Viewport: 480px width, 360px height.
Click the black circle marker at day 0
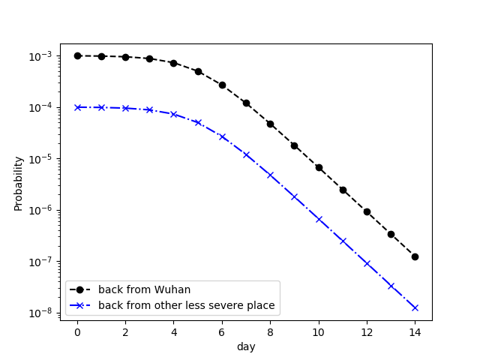click(77, 55)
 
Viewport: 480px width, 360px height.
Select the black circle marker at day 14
click(415, 256)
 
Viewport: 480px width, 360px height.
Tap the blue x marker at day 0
click(77, 107)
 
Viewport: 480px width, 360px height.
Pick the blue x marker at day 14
click(415, 307)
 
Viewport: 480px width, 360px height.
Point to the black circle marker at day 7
click(246, 103)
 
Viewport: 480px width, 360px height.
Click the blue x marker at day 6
click(222, 136)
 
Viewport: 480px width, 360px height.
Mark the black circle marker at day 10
click(319, 167)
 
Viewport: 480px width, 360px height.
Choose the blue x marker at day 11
click(343, 241)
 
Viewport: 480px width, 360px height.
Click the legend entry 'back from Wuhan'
click(144, 289)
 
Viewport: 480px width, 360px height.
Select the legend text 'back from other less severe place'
click(186, 306)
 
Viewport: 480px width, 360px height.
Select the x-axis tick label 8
click(270, 332)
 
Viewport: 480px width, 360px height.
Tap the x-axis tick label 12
click(367, 332)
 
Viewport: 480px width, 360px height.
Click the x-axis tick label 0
click(77, 332)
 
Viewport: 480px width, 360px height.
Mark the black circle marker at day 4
click(174, 63)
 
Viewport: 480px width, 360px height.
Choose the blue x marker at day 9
click(294, 196)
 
